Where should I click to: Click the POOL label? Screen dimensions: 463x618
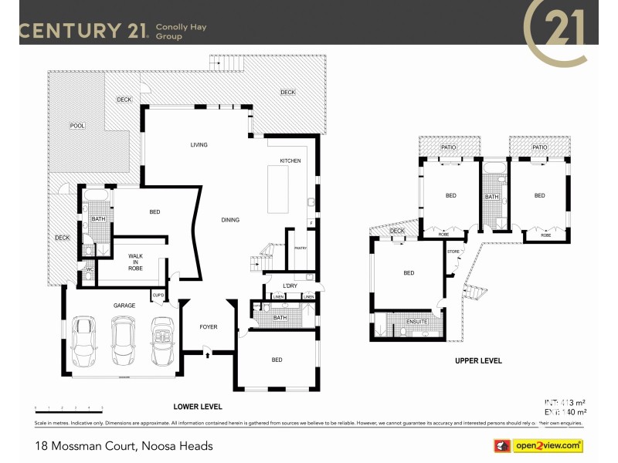pyautogui.click(x=77, y=125)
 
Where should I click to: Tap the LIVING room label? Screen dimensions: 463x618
pyautogui.click(x=199, y=145)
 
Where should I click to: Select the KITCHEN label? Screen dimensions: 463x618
pyautogui.click(x=290, y=161)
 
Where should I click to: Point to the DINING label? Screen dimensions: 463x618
pyautogui.click(x=230, y=220)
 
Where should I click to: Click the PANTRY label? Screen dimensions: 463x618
pyautogui.click(x=301, y=248)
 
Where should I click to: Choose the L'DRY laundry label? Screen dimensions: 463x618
pyautogui.click(x=290, y=286)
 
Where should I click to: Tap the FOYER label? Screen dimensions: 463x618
pyautogui.click(x=209, y=326)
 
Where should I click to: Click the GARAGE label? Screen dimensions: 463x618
pyautogui.click(x=124, y=306)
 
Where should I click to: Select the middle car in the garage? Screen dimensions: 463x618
pyautogui.click(x=123, y=342)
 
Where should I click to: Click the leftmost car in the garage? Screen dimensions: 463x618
pyautogui.click(x=84, y=342)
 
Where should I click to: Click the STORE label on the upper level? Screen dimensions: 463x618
pyautogui.click(x=453, y=251)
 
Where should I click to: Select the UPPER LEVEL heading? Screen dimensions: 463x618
pyautogui.click(x=478, y=360)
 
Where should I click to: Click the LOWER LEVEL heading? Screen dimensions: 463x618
pyautogui.click(x=199, y=407)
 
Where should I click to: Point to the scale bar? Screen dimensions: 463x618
pyautogui.click(x=69, y=407)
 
